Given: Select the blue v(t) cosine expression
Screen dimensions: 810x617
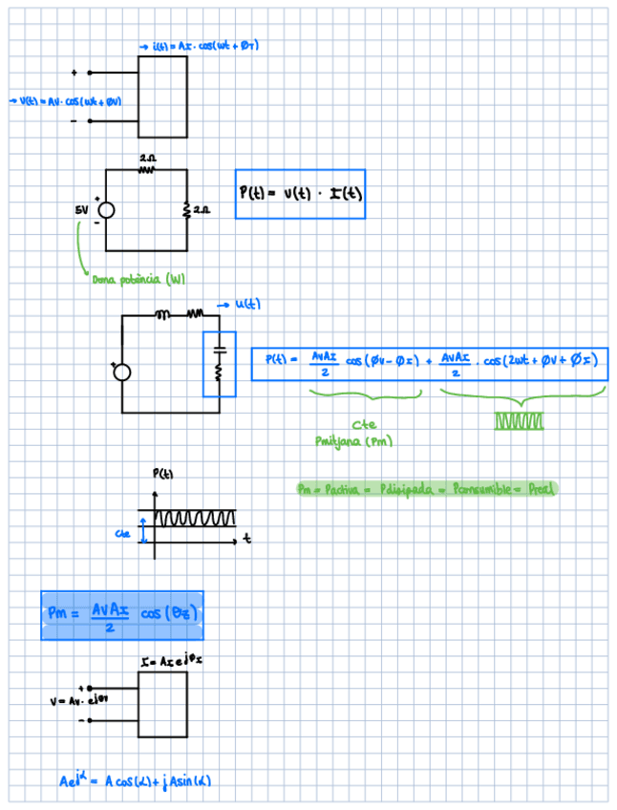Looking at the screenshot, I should click(x=67, y=100).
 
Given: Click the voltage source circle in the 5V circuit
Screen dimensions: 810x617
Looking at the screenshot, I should click(x=107, y=210).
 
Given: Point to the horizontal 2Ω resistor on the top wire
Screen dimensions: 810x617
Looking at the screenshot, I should click(x=147, y=169).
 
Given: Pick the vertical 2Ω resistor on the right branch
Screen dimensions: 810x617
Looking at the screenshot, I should click(x=187, y=208).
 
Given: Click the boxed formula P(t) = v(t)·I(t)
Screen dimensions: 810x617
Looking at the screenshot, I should click(x=299, y=194).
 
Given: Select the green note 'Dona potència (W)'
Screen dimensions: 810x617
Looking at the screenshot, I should click(x=138, y=279).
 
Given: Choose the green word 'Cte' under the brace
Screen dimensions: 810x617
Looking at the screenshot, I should click(x=363, y=425).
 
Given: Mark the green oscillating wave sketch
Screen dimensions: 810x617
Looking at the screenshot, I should click(x=520, y=420).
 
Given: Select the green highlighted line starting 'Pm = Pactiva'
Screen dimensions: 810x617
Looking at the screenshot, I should click(x=426, y=489).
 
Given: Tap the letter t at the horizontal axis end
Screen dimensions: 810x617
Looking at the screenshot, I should click(x=247, y=540).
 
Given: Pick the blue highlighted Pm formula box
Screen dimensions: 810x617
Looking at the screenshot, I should click(x=122, y=614).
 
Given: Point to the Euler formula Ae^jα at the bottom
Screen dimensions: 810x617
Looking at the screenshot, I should click(x=135, y=781).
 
